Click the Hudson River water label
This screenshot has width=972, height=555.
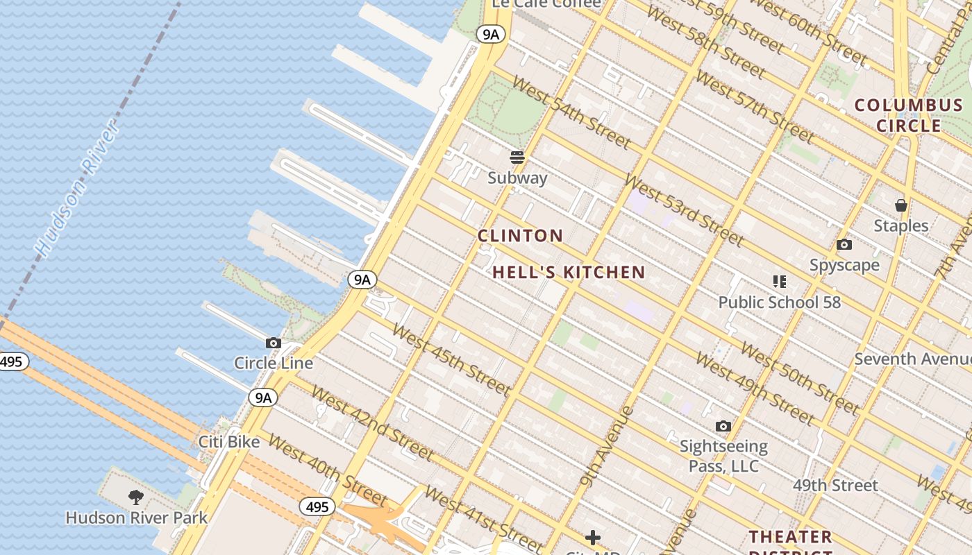(x=76, y=189)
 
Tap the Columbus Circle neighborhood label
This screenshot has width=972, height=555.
(x=908, y=115)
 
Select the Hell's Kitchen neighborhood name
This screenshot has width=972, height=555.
(x=569, y=273)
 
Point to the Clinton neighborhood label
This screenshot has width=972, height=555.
(x=520, y=236)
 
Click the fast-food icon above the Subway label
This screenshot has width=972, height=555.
(x=517, y=157)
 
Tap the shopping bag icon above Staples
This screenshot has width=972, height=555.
(x=900, y=205)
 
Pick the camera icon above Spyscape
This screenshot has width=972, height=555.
(x=844, y=244)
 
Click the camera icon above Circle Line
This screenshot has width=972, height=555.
(x=274, y=343)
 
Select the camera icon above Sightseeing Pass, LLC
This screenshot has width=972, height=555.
(x=723, y=426)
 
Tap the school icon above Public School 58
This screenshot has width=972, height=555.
(x=779, y=282)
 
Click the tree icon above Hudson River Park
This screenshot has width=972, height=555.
(x=136, y=497)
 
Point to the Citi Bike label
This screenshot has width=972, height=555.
(x=229, y=442)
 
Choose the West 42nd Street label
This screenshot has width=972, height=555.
(x=371, y=422)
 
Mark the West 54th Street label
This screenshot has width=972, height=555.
(x=571, y=112)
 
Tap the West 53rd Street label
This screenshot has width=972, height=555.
(x=683, y=209)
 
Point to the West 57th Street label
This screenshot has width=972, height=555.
(x=754, y=103)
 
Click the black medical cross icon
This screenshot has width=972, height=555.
(x=593, y=537)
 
